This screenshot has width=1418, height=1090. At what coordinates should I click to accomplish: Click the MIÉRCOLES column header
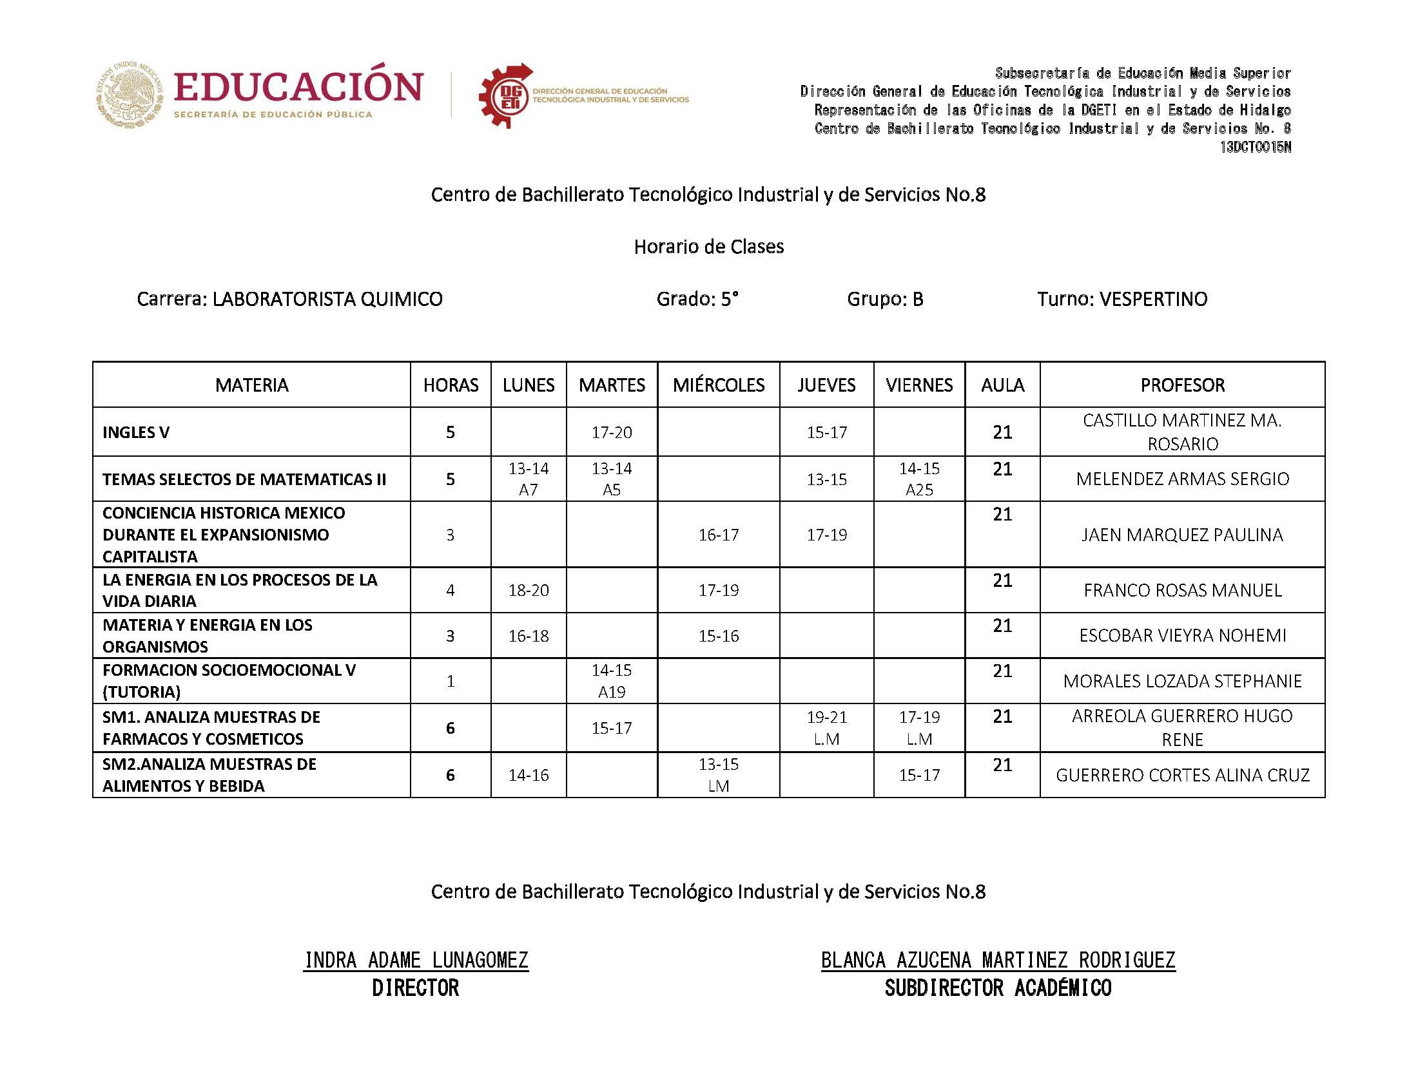point(719,385)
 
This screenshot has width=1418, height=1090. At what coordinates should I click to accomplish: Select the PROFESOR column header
point(1182,385)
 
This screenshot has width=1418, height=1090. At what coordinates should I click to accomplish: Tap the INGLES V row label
point(135,432)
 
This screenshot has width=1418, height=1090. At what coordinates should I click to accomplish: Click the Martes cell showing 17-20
point(611,432)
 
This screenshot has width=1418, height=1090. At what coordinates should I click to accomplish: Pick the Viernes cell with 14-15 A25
point(919,479)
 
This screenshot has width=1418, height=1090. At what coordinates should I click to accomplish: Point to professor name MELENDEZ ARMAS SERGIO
point(1182,479)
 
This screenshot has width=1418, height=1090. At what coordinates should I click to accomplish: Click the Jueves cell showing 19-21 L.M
point(826,727)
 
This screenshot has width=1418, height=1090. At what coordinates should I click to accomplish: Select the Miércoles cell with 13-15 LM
point(719,775)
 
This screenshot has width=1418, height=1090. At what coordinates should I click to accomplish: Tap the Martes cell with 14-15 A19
point(611,680)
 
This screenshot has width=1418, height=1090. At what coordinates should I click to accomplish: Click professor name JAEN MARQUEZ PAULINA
point(1182,535)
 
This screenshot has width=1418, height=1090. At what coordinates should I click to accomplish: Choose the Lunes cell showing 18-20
point(529,589)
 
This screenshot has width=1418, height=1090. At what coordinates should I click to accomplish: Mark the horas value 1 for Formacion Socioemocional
point(451,680)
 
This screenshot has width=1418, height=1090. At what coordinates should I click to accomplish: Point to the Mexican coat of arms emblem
point(130,95)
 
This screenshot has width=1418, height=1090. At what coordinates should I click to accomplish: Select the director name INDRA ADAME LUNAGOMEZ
point(416,960)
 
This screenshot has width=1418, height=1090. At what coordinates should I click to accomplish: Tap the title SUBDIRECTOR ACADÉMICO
point(998,988)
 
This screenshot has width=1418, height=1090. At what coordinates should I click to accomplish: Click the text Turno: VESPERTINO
point(1122,299)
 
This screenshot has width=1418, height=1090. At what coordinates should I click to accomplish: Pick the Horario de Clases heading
point(708,247)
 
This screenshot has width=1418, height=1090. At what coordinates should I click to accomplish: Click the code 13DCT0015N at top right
point(1255,148)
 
